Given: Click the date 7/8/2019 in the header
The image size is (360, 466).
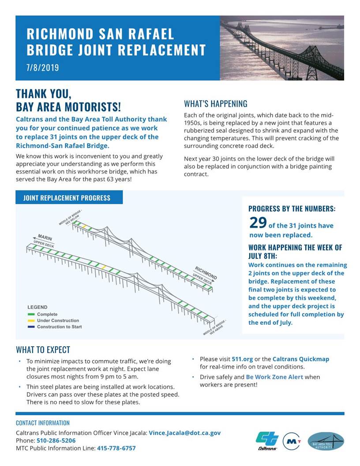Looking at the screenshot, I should [x=43, y=68].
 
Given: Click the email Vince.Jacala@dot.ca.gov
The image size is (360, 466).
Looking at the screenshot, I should [x=184, y=433].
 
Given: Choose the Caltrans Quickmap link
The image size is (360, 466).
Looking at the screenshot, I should [x=300, y=359].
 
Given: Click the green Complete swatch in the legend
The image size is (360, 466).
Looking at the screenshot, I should [x=31, y=314].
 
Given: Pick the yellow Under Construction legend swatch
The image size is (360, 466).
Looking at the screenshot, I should [x=31, y=320].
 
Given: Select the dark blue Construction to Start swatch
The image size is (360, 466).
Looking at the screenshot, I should [x=31, y=327].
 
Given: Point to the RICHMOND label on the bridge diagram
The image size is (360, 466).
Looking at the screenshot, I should [x=206, y=272].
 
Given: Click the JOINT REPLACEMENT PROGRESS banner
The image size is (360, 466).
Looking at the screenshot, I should [x=67, y=198].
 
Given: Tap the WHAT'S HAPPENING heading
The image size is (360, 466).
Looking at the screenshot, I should [x=215, y=104].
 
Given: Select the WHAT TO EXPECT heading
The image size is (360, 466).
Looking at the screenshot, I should [x=43, y=349].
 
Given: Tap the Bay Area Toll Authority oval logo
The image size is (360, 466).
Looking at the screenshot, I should [x=326, y=441].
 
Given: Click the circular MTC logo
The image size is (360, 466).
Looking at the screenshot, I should [x=292, y=441].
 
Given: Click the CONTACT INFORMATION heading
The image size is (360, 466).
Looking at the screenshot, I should [x=43, y=423].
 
